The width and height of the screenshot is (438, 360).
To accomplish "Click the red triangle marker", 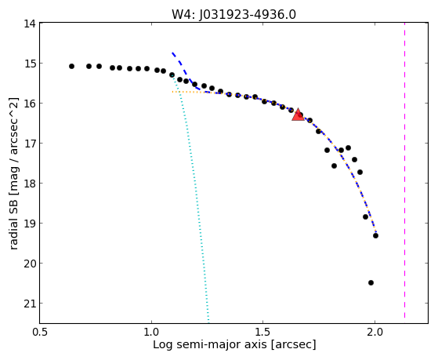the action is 298,115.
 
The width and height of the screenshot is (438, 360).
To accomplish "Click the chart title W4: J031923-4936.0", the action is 233,14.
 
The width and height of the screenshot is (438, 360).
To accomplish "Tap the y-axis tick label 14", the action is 30,24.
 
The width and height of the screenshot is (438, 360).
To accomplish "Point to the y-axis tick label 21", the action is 30,304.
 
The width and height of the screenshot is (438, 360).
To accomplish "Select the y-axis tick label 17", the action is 30,144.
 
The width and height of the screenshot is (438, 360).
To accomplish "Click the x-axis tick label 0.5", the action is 40,332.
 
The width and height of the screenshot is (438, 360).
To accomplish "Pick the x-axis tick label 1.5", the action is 262,332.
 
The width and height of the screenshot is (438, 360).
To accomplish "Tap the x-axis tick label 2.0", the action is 375,332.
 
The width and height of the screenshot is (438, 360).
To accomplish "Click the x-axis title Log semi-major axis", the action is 210,345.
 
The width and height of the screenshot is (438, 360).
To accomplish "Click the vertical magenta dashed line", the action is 405,170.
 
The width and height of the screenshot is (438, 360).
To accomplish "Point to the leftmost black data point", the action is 72,67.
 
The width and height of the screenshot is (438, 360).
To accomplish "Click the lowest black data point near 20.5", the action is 371,283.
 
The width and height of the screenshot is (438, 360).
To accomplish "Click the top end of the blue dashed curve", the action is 172,53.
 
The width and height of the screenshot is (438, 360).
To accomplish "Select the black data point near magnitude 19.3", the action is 375,236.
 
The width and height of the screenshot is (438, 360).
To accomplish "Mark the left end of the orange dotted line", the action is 172,92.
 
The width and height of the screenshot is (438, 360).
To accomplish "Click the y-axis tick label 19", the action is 30,224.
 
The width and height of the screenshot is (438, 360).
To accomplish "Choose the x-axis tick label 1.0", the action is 151,332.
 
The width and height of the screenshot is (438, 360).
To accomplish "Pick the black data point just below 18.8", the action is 366,216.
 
